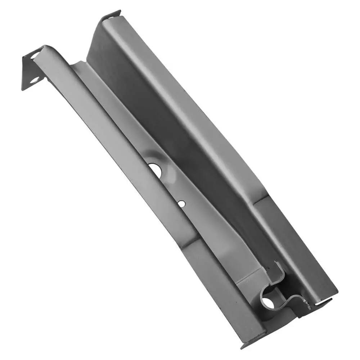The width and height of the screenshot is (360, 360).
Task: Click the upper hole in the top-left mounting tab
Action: [x=36, y=55]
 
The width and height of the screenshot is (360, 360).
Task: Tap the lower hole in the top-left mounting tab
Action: [x=35, y=80]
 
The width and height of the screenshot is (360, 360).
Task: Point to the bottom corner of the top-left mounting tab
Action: [x=23, y=89]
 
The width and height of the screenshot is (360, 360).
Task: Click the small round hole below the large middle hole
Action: [x=181, y=204]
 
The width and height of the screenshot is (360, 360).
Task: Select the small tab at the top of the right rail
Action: [x=111, y=15]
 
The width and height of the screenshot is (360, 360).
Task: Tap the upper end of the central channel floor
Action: [x=77, y=65]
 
